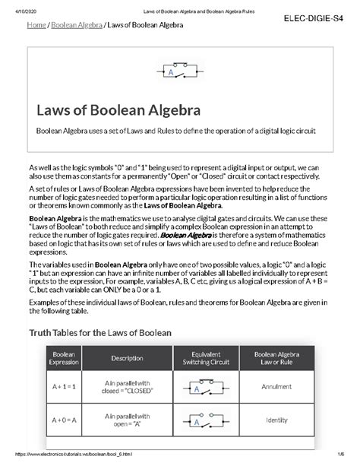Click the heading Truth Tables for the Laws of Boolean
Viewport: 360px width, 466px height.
click(x=100, y=332)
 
